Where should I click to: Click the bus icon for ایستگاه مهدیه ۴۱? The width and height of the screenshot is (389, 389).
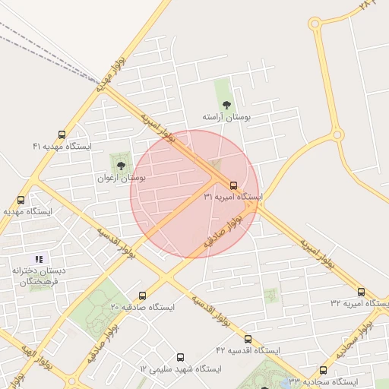(62, 134)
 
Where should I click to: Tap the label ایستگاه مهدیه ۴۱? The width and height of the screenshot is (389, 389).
(62, 146)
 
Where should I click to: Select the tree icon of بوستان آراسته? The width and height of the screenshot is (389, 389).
(226, 105)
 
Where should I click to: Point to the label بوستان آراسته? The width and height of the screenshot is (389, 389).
(226, 118)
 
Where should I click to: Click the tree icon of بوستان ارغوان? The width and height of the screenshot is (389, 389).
(121, 165)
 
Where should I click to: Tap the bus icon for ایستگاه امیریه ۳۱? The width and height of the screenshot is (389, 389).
(232, 185)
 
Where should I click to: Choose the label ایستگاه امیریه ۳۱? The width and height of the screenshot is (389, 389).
(232, 197)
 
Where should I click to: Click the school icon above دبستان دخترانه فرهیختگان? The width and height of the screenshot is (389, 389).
(39, 259)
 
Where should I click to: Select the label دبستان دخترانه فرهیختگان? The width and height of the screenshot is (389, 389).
(39, 276)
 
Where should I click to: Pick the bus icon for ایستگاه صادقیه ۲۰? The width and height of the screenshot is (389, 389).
(142, 296)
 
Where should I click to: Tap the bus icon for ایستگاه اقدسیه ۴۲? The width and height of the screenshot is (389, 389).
(248, 339)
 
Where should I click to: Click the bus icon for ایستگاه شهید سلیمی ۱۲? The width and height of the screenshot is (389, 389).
(180, 357)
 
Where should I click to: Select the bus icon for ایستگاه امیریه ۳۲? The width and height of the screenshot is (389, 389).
(361, 291)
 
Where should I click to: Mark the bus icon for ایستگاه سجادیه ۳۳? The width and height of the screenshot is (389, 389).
(324, 370)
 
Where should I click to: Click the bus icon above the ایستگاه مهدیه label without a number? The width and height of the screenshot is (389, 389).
(21, 200)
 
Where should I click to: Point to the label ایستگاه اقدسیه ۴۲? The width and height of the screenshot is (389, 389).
(248, 350)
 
